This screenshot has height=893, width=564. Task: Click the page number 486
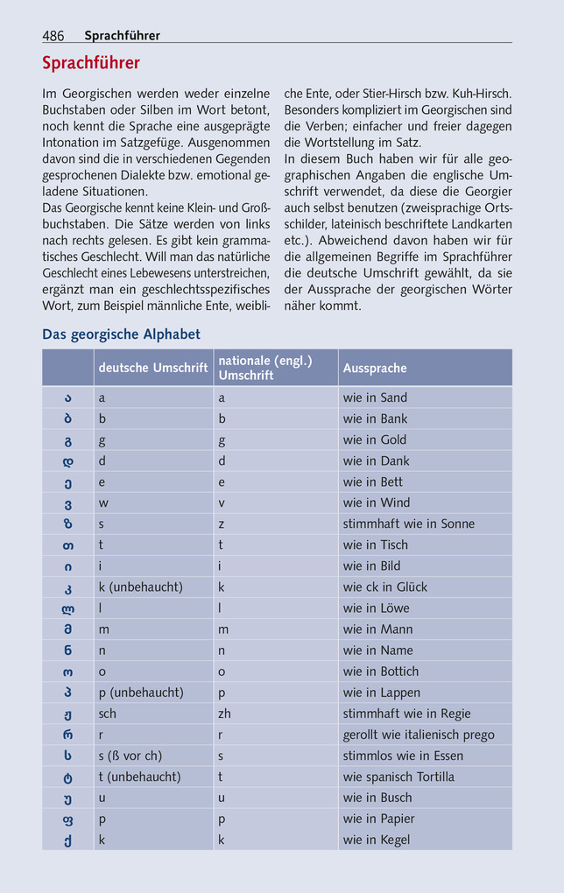click(53, 36)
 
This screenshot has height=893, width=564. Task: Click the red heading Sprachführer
click(91, 63)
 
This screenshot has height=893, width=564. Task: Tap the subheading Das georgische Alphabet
click(121, 334)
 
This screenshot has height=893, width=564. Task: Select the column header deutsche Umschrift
click(153, 369)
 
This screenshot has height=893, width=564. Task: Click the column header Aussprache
click(375, 369)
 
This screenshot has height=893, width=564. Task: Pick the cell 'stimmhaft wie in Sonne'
click(409, 524)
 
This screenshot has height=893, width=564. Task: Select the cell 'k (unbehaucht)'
click(141, 587)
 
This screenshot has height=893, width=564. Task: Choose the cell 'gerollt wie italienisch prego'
click(419, 735)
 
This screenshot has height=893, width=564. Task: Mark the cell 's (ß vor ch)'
click(130, 756)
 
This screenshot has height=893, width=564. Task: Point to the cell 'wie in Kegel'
click(377, 840)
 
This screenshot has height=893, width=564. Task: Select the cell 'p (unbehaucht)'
click(141, 693)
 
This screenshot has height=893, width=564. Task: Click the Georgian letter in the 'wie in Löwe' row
click(68, 608)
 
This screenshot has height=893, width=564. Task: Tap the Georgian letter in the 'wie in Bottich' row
click(68, 672)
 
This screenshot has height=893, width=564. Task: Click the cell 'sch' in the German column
click(108, 714)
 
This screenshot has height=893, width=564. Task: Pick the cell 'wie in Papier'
click(379, 819)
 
